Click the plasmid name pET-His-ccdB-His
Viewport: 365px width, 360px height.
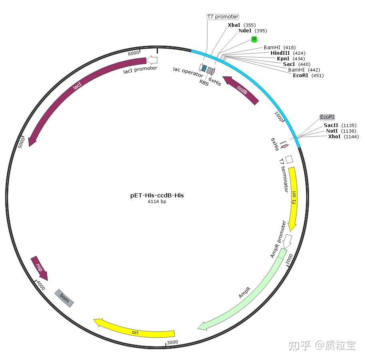157,195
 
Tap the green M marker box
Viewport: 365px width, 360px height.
254,39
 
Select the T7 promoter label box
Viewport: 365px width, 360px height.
223,17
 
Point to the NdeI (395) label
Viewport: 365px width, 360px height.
252,31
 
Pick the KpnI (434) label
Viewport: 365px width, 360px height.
291,59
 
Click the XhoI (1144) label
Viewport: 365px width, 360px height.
343,137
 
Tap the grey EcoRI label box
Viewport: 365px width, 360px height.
327,117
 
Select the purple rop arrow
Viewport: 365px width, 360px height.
40,268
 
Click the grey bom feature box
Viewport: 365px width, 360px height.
64,298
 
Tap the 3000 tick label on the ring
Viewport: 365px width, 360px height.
172,342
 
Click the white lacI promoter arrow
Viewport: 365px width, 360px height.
152,60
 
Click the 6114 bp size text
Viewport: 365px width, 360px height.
157,202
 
